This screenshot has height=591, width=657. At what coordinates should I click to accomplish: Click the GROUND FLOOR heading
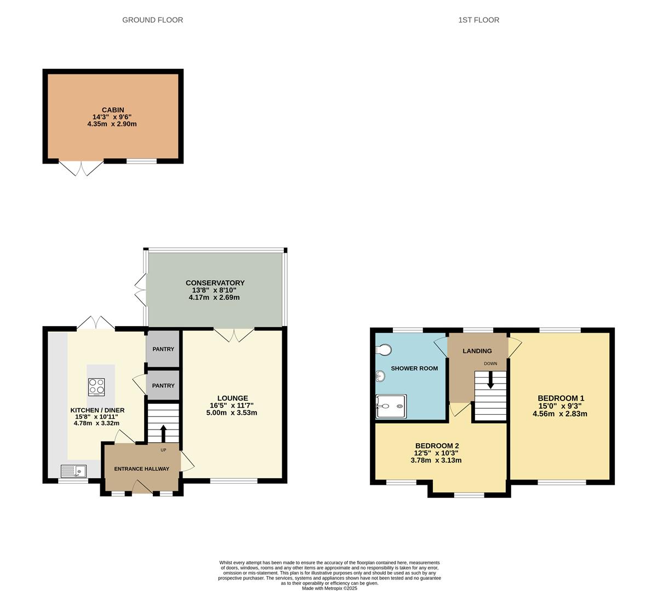click(x=152, y=20)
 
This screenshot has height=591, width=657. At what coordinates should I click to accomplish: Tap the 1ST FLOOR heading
click(x=478, y=20)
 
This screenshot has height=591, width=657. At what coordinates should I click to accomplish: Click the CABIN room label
click(x=113, y=110)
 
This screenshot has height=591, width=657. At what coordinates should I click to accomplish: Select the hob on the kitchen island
click(x=96, y=387)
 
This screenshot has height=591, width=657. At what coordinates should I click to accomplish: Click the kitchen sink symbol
click(x=74, y=471)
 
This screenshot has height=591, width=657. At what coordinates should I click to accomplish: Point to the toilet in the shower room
click(x=384, y=349)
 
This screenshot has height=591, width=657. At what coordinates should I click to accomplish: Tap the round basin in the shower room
click(x=380, y=376)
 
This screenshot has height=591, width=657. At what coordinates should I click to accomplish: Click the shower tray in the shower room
click(x=391, y=406)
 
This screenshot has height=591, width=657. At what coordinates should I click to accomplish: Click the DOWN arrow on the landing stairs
click(x=490, y=380)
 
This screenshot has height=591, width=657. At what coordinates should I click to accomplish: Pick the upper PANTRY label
click(x=163, y=349)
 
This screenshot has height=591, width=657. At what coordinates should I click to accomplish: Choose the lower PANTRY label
click(x=163, y=385)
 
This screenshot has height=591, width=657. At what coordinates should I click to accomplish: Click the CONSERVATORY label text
click(x=215, y=283)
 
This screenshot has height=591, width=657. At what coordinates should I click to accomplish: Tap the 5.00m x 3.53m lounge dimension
click(x=232, y=413)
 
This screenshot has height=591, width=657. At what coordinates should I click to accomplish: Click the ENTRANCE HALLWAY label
click(x=141, y=469)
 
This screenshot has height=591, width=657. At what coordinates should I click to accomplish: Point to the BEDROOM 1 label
click(x=561, y=398)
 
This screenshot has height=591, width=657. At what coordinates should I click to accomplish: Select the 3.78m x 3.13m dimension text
click(x=436, y=460)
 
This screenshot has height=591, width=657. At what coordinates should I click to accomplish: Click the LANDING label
click(x=477, y=351)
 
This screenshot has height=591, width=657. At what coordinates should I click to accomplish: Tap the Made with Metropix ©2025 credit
click(x=329, y=588)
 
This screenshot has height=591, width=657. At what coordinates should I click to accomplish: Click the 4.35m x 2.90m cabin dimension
click(x=112, y=124)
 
